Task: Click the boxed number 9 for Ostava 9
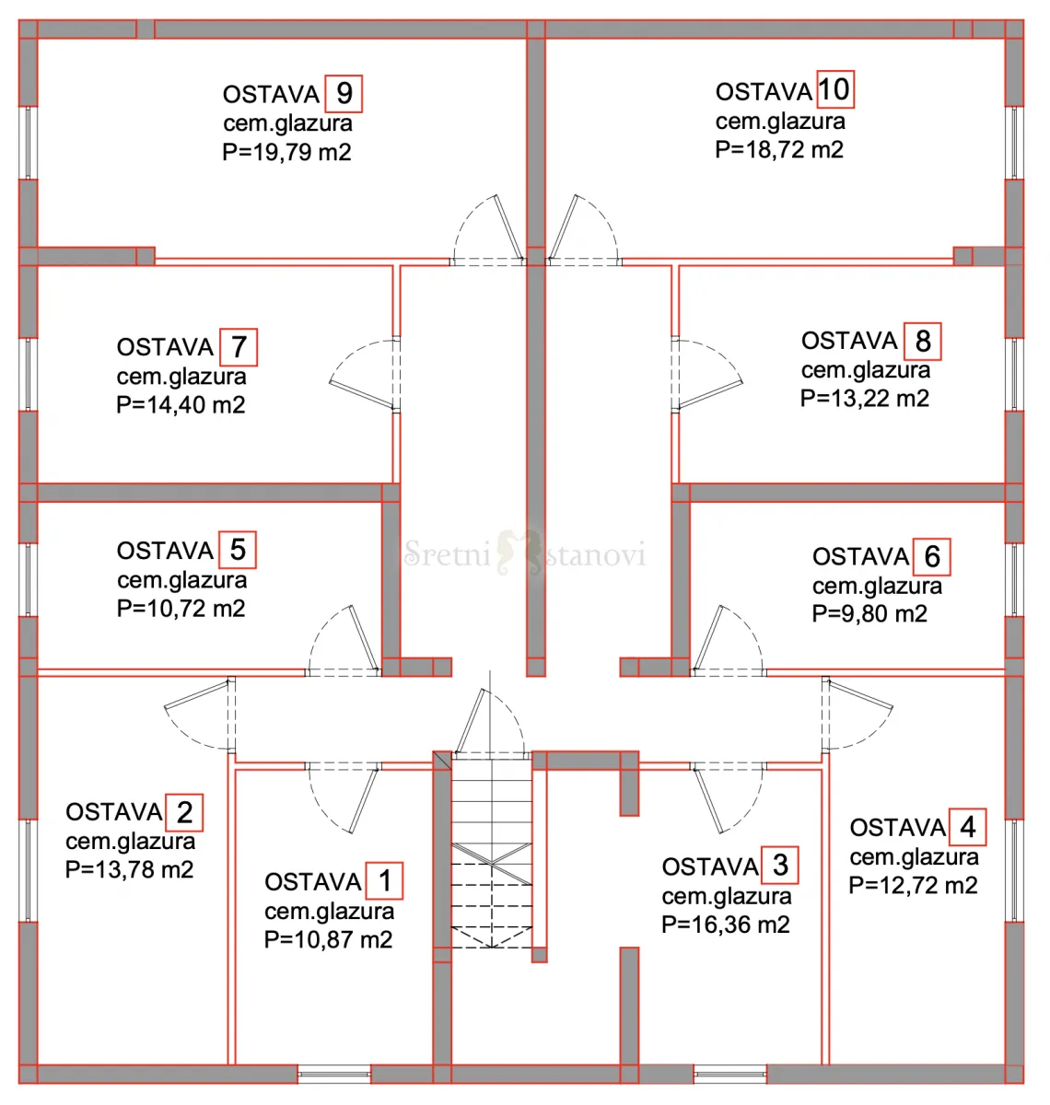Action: (344, 93)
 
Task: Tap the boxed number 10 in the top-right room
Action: (834, 89)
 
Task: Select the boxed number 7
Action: (239, 347)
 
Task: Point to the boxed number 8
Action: (922, 341)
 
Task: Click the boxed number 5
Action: (238, 549)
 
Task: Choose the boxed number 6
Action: (932, 556)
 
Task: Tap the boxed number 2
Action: (184, 812)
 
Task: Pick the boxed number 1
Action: (385, 880)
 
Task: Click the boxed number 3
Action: (780, 865)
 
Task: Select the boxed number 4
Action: (967, 827)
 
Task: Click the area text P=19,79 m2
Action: (286, 152)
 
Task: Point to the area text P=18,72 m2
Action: (779, 150)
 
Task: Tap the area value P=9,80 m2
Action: (869, 614)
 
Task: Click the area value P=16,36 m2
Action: (726, 925)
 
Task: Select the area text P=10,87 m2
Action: (329, 940)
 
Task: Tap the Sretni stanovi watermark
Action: (524, 553)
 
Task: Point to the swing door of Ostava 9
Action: (488, 230)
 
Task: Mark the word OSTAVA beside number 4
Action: (898, 827)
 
